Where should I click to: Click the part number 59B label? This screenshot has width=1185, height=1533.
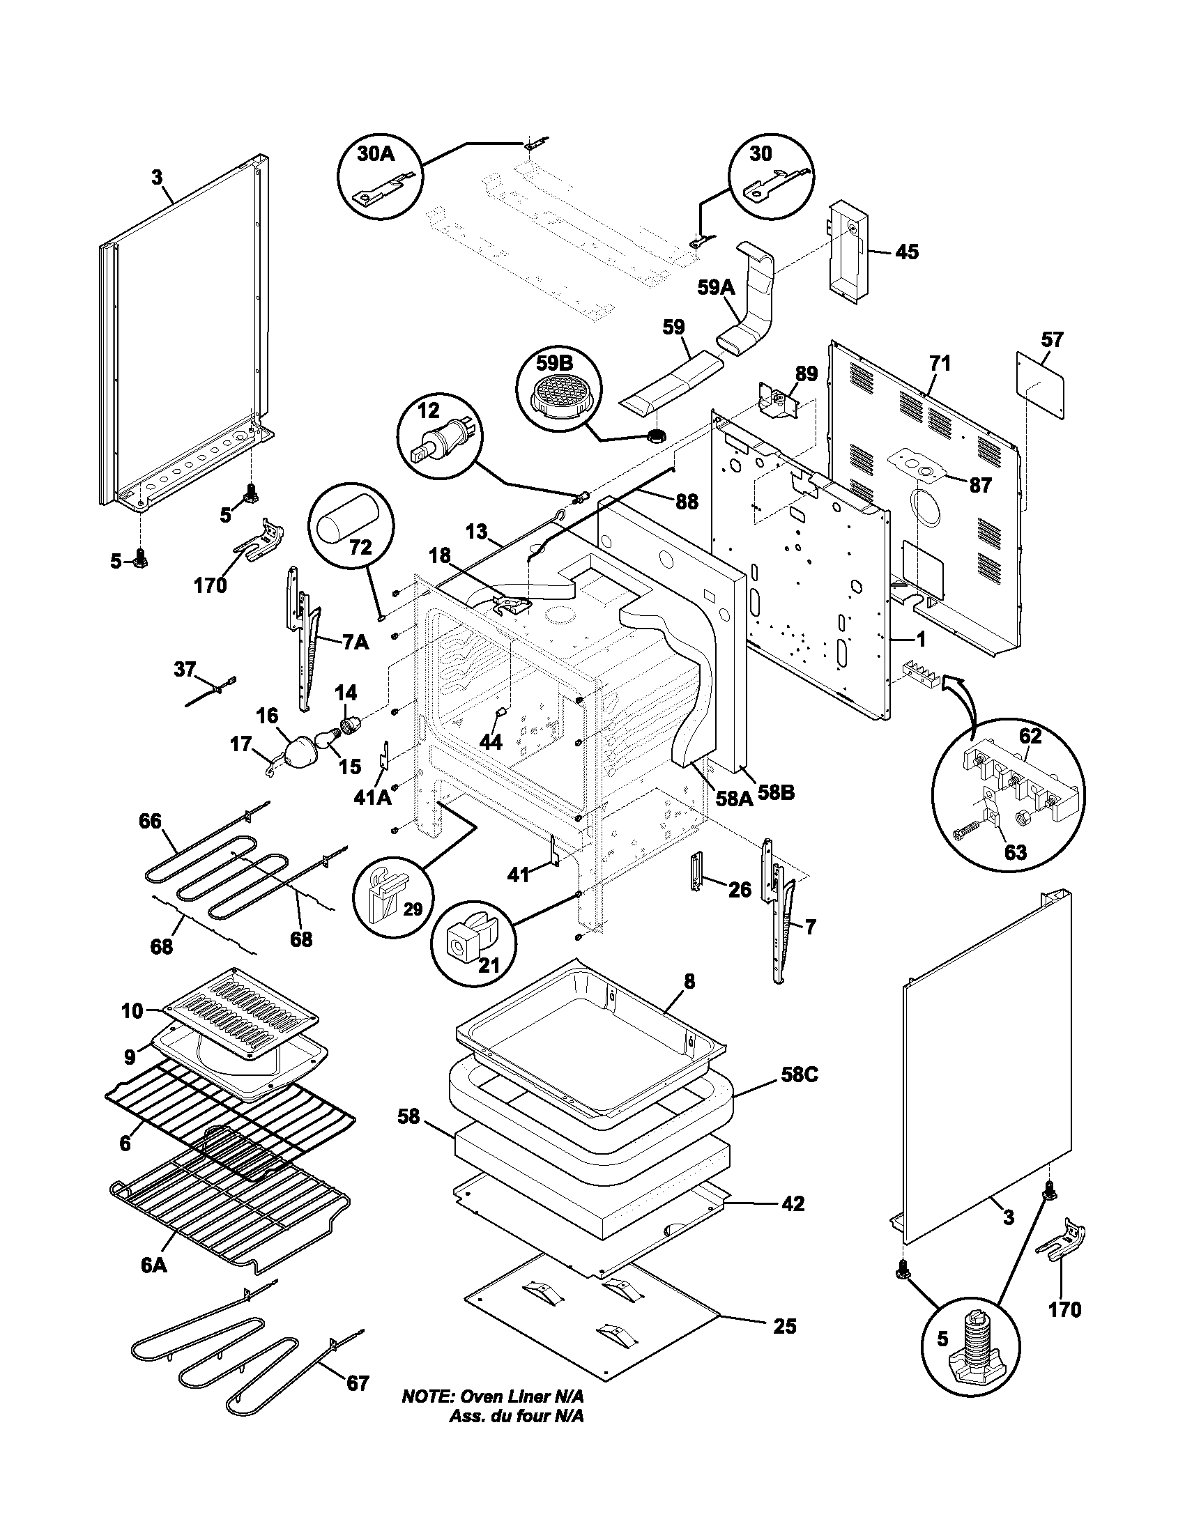[555, 364]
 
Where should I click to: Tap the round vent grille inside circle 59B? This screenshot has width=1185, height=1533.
[560, 397]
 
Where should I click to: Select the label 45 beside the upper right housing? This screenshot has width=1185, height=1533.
[907, 252]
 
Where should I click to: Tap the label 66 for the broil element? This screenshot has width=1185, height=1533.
[150, 822]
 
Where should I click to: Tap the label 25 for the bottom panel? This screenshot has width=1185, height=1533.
[785, 1326]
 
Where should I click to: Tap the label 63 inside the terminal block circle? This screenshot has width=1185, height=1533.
[1015, 852]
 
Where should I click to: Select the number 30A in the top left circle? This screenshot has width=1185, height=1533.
[376, 154]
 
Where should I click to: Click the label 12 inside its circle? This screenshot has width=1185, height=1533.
[428, 410]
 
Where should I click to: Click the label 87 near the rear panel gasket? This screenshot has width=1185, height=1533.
[980, 485]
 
